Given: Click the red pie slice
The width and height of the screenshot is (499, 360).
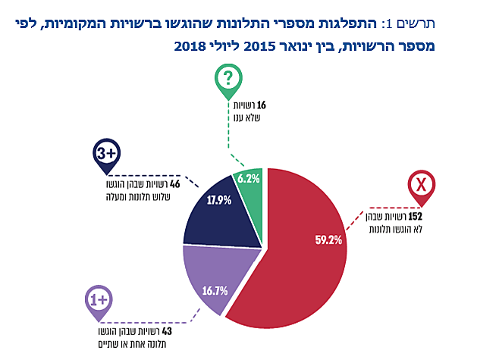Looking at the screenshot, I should [296, 258].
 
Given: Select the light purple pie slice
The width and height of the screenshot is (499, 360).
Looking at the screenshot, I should [205, 280].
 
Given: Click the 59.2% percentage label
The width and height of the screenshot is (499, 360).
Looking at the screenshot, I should [328, 240].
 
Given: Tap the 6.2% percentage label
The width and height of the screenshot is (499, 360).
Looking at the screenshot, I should [249, 179].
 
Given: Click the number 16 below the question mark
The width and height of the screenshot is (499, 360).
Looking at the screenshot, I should [261, 105].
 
